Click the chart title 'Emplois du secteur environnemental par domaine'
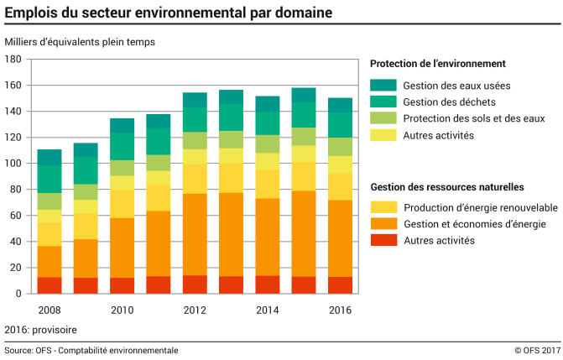[167, 13]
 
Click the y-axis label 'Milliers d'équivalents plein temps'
[80, 42]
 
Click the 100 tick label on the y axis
[13, 164]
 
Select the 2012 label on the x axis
[195, 310]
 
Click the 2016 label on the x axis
[340, 310]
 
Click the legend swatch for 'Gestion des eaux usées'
[383, 85]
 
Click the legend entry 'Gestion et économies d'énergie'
[474, 224]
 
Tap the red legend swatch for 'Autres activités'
[383, 241]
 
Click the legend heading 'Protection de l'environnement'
[437, 63]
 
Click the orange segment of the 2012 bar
[195, 234]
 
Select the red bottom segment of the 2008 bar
[50, 284]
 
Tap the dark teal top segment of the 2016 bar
[340, 105]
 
